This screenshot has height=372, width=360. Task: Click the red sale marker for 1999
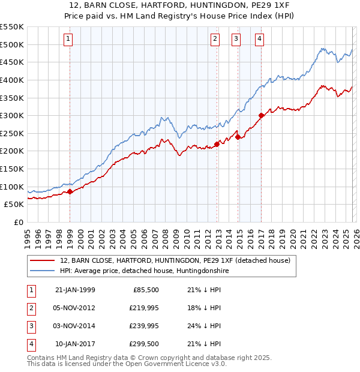(70, 191)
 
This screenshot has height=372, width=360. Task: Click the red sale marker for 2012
(216, 144)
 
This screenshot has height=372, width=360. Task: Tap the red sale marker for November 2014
(238, 137)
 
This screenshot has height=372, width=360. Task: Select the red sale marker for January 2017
(261, 116)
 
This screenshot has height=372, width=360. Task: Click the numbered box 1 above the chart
(68, 39)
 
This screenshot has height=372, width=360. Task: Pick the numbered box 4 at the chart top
(259, 39)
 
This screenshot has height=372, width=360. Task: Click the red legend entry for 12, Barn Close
(175, 260)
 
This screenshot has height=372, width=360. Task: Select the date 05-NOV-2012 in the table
(75, 308)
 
